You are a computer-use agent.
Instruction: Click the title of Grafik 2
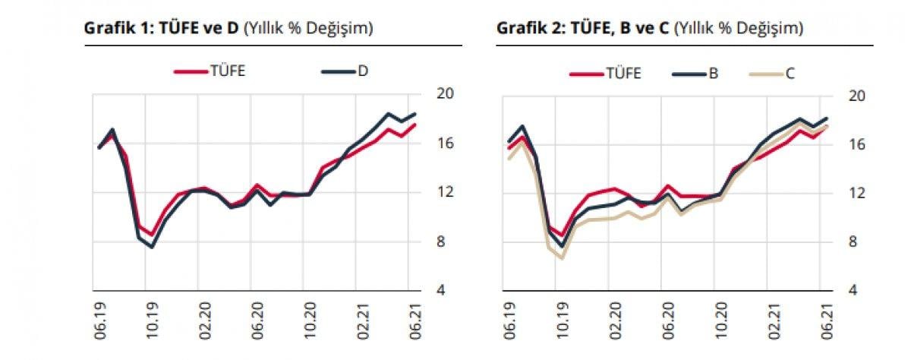point(649,29)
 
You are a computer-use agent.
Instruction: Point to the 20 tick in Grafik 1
point(445,93)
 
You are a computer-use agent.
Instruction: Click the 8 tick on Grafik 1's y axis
point(442,242)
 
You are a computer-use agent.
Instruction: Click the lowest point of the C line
point(562,258)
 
